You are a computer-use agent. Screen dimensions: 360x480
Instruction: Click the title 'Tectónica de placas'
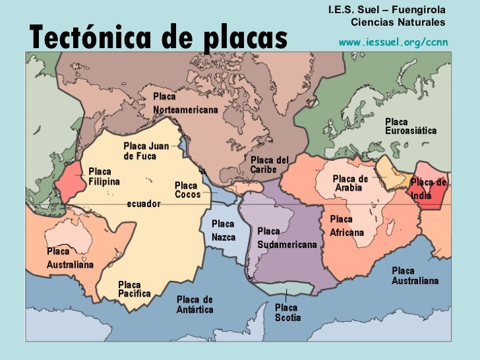coord(158,38)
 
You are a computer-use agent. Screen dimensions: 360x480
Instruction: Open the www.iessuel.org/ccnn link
coord(393,42)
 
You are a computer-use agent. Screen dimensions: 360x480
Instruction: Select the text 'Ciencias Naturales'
coord(398,22)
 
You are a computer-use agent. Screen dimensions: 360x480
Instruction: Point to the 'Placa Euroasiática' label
coord(410,127)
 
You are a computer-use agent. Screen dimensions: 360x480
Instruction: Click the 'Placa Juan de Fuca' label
coord(146,151)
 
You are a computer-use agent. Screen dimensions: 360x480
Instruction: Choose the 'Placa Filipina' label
coord(104,176)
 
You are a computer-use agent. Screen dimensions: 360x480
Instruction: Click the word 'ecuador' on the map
coord(143,204)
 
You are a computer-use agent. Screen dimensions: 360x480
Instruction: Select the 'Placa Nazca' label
coord(224,231)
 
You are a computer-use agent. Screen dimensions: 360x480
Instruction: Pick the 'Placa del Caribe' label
coord(270,165)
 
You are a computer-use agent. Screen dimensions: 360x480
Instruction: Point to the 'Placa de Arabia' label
coord(350,183)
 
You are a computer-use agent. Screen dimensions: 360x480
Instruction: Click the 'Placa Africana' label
coord(347,226)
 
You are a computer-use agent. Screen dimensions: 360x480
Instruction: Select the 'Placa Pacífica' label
coord(135,289)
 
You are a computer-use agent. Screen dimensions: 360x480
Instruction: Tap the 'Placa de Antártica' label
coord(195,305)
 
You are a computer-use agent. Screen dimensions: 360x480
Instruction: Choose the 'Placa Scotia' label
coord(287,313)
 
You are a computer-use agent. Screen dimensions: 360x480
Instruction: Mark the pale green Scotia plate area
coord(291,288)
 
